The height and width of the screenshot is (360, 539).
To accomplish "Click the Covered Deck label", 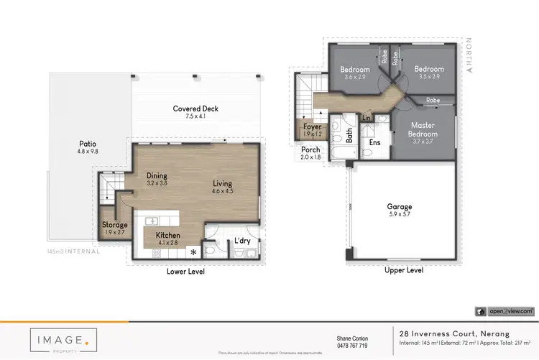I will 195,109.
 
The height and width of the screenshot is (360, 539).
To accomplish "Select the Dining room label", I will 157,175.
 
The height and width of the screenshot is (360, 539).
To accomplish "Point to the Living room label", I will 224,183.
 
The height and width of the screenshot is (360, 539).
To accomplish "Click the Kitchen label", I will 167,236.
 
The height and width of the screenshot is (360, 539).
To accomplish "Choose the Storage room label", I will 114,225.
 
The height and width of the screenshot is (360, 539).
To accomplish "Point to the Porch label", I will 310,149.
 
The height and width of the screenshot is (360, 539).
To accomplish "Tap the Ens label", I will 374,142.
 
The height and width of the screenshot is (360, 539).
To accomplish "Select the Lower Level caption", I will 185,272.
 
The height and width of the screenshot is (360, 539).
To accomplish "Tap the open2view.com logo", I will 505,311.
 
